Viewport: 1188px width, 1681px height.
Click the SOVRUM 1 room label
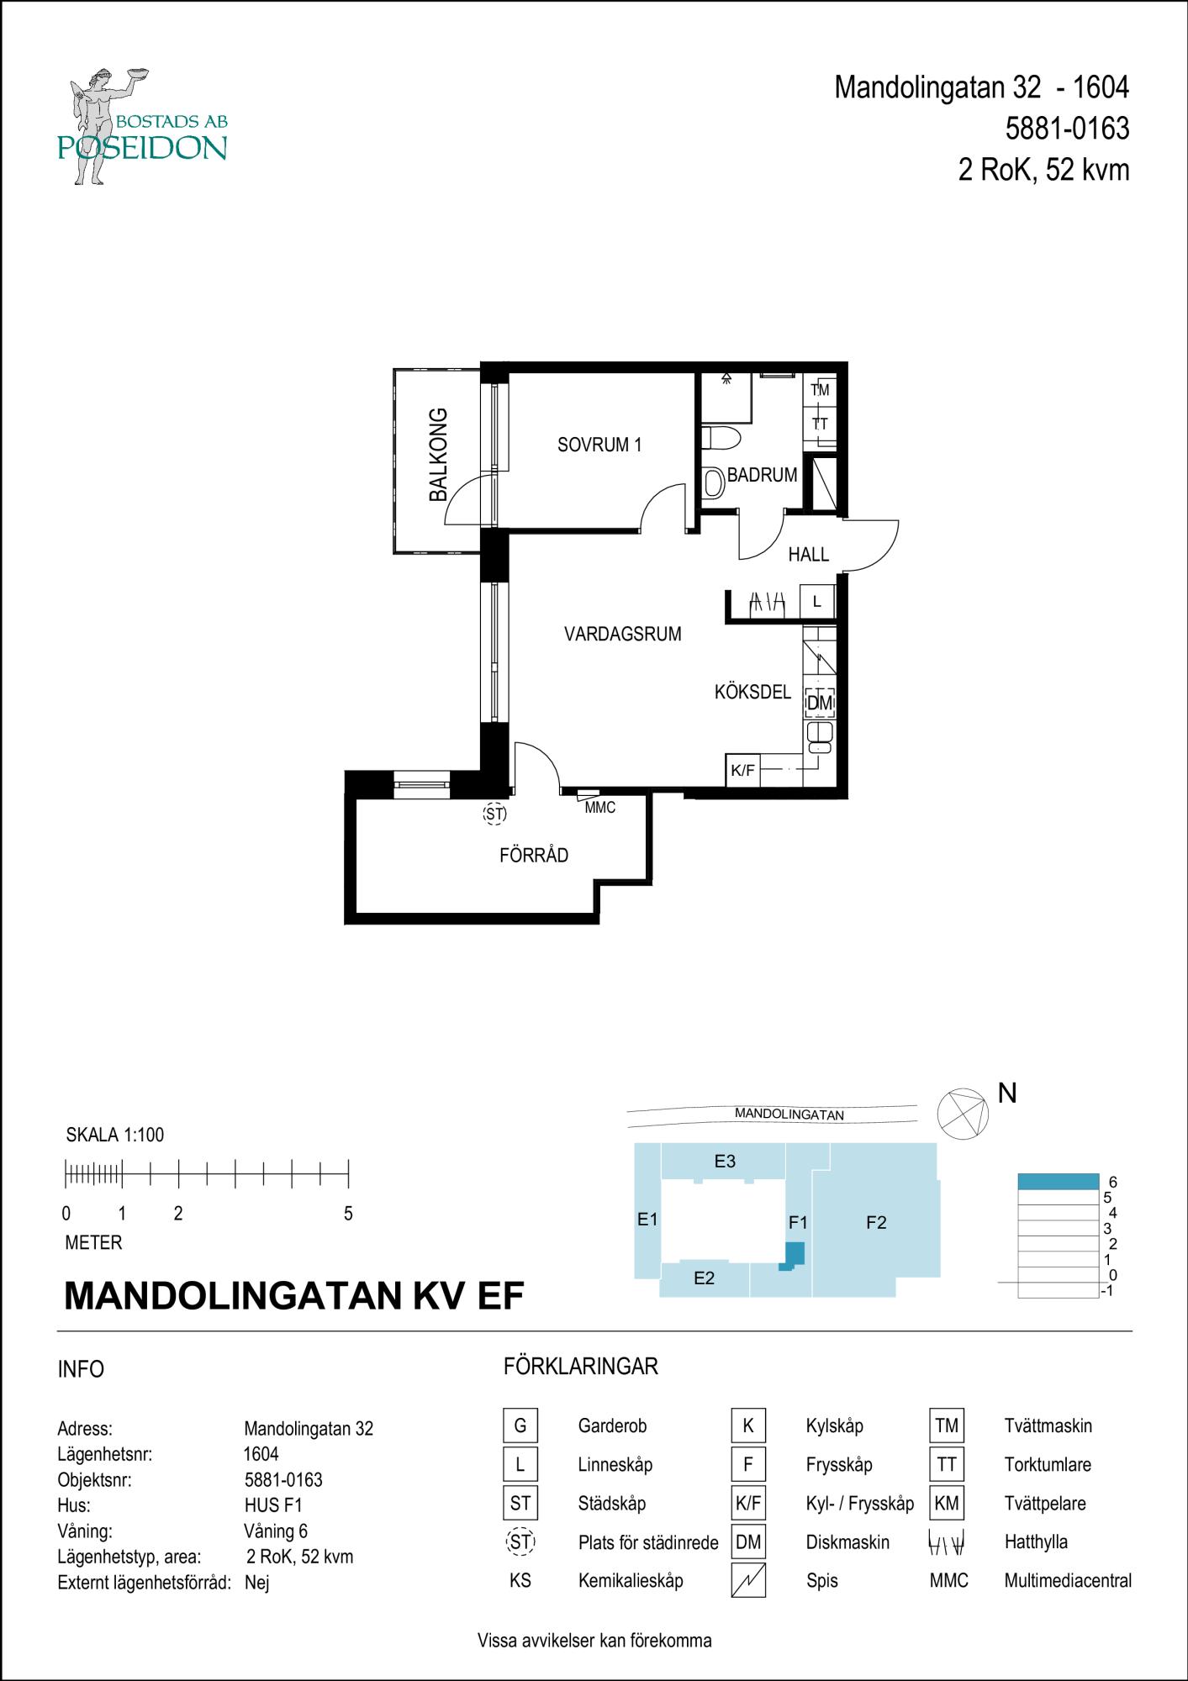[599, 445]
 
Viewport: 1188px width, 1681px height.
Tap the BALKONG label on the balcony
[438, 455]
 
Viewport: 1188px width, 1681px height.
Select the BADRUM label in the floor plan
[762, 475]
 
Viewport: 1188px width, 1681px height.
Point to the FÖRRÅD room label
[534, 856]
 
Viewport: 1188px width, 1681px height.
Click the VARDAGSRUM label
[622, 635]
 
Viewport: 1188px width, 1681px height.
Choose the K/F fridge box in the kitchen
[742, 770]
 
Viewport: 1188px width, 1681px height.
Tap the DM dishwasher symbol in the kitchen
[819, 702]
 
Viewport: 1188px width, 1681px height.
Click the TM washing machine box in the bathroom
[820, 389]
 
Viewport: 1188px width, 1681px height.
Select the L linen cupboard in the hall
[817, 602]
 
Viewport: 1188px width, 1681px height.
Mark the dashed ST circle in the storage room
[495, 814]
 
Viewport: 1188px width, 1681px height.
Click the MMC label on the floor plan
[600, 808]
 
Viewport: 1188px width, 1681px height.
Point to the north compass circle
[964, 1113]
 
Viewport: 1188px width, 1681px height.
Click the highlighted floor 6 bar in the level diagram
[1059, 1181]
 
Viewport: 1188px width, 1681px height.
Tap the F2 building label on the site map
[876, 1223]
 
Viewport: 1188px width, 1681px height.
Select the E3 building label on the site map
[725, 1162]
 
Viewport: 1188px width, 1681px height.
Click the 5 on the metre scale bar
[348, 1214]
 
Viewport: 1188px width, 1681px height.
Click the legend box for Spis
[748, 1580]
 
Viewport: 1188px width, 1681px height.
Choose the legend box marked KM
[947, 1503]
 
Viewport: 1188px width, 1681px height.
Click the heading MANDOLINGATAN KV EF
[294, 1296]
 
